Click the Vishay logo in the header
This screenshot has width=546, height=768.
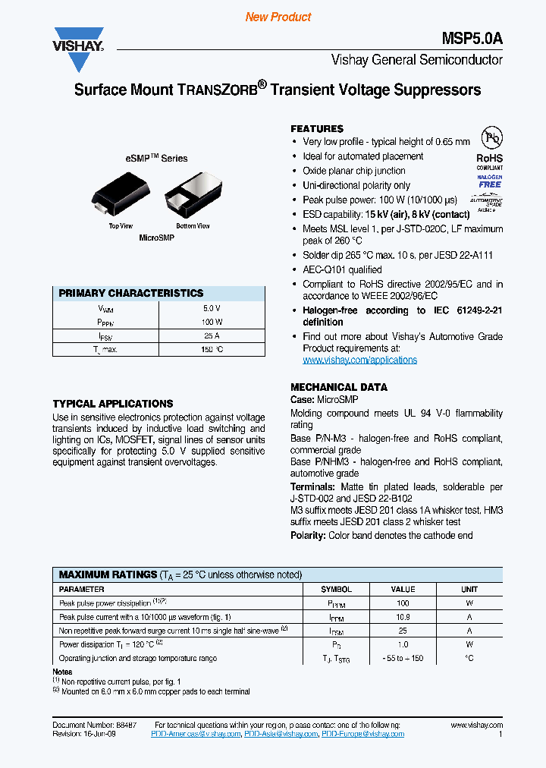click(78, 40)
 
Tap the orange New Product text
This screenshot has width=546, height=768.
click(278, 17)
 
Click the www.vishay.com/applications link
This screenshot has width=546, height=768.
click(359, 360)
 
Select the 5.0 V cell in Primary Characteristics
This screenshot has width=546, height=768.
click(212, 308)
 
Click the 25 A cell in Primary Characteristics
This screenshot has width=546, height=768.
click(212, 335)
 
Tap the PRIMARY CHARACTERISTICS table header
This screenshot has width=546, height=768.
click(131, 293)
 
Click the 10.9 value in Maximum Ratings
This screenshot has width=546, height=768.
click(403, 617)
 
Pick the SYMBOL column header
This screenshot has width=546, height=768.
click(336, 589)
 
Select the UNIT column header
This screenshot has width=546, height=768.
click(469, 589)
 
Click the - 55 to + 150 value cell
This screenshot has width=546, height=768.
click(403, 658)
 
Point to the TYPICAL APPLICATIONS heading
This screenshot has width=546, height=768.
click(113, 404)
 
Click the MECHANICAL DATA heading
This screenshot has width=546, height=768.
click(339, 387)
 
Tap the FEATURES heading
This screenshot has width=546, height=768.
click(317, 129)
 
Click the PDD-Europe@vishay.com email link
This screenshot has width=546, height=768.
click(362, 734)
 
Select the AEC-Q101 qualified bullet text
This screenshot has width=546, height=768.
click(342, 269)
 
